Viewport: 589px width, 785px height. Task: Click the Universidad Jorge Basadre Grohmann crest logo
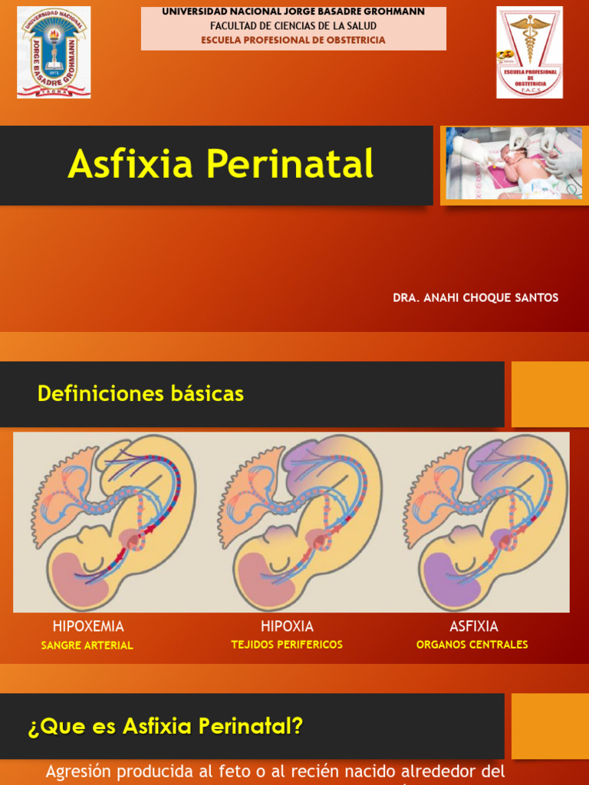54,52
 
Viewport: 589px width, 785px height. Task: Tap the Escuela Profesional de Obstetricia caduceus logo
529,52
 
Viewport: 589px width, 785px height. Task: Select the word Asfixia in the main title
130,164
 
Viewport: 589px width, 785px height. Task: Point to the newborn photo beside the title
514,163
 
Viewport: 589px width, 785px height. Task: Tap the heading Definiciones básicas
140,394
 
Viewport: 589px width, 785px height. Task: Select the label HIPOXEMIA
88,626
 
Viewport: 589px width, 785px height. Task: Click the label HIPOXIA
287,626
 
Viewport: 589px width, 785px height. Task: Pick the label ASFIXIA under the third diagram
473,626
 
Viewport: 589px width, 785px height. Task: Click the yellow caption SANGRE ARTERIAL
87,645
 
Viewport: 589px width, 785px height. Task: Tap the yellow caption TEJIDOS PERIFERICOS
287,645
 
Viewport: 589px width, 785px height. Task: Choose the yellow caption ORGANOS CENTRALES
472,645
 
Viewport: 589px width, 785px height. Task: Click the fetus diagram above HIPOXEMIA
111,522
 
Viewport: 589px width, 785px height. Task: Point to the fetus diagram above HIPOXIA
298,522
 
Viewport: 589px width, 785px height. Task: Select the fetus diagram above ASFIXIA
486,522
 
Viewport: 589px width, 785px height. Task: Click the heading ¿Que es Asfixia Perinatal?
166,726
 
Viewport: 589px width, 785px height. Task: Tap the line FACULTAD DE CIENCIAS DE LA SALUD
293,26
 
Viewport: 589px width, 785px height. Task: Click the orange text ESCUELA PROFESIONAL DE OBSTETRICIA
293,40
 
